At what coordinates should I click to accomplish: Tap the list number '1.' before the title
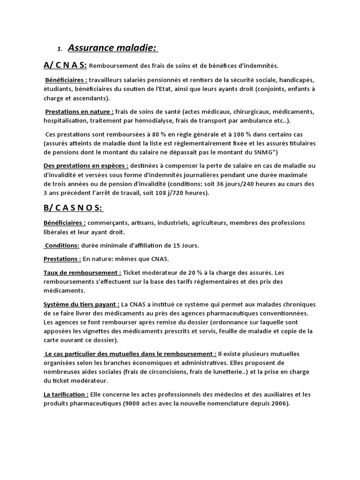tap(60, 49)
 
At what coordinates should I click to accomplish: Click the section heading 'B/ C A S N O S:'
tap(74, 208)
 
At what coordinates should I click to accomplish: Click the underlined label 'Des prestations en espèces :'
tap(86, 165)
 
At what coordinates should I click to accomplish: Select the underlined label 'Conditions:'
tap(62, 245)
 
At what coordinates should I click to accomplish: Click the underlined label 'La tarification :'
tap(66, 394)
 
